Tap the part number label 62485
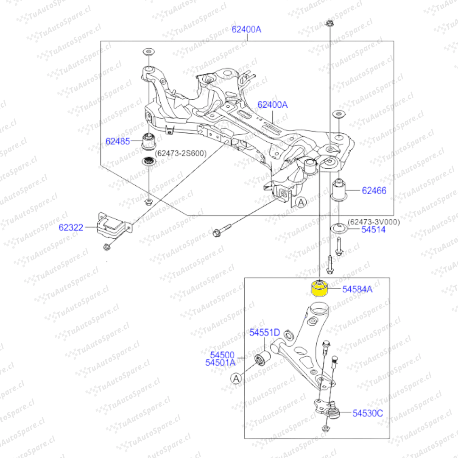tap(117, 141)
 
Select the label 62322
tap(71, 228)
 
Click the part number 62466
tap(374, 191)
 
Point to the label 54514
tap(373, 229)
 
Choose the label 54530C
tap(367, 413)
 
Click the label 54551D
tap(264, 332)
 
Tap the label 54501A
tap(220, 363)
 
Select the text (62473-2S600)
tap(181, 154)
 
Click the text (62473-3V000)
tap(374, 222)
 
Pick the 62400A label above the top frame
tap(246, 30)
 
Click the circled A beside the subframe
tap(301, 202)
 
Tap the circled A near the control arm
tap(236, 379)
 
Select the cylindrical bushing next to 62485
tap(148, 141)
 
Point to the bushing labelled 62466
tap(338, 190)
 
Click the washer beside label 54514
tap(339, 228)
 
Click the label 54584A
tap(357, 289)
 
